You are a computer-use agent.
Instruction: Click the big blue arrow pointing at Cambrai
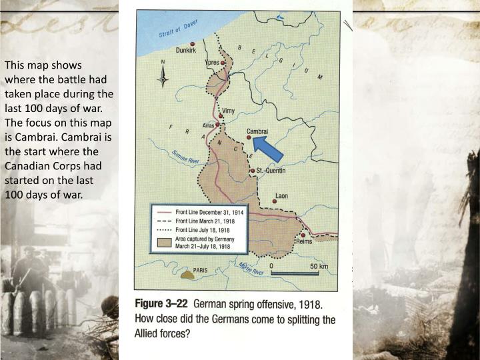(x=270, y=148)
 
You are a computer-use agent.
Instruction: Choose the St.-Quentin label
(x=271, y=171)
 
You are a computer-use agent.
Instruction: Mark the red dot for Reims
(x=303, y=235)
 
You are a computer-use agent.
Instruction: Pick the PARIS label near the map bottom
(x=201, y=271)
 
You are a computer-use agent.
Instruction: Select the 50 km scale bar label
(x=319, y=266)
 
